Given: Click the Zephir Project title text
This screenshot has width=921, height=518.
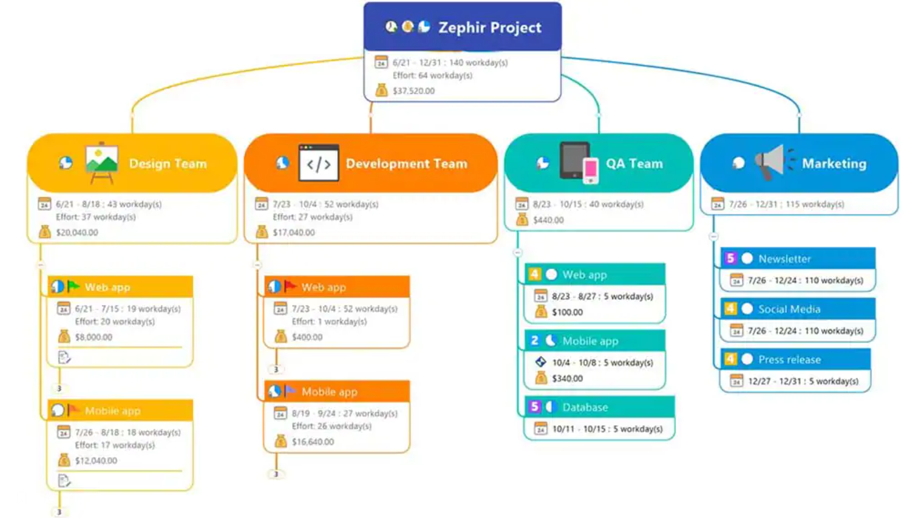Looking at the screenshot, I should tap(489, 27).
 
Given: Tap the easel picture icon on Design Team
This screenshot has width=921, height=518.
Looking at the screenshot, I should tap(101, 162).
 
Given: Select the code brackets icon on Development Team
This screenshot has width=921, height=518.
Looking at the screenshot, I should tap(319, 163).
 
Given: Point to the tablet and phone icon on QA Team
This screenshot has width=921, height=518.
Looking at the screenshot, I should tap(579, 162).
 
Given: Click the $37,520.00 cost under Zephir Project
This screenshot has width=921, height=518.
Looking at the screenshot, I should tap(413, 91).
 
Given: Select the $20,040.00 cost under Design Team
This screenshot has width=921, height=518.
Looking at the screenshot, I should tap(77, 233).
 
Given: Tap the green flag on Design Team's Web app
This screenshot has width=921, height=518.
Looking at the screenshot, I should tap(73, 287).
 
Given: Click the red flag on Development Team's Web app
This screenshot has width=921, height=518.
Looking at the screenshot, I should tap(290, 287).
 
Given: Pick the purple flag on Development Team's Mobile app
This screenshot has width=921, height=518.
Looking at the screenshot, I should tap(290, 391).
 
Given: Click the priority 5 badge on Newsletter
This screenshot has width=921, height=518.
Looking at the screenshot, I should tap(730, 259).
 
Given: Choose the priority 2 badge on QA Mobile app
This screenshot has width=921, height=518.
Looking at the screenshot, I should tap(534, 341).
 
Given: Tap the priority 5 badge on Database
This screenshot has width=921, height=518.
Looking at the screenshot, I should tap(534, 407).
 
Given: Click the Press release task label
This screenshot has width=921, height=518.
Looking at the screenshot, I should tap(789, 360).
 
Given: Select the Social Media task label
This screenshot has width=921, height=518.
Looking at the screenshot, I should tap(789, 309).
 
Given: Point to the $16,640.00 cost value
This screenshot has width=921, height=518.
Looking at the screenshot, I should tap(313, 442).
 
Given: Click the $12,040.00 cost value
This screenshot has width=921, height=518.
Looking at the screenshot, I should tap(96, 461).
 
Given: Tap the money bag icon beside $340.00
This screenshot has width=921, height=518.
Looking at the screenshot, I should tap(541, 378).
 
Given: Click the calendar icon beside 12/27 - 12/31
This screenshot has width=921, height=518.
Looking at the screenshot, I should tap(736, 381).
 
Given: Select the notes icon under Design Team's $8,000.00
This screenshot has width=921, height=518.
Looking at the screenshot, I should tap(64, 358).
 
